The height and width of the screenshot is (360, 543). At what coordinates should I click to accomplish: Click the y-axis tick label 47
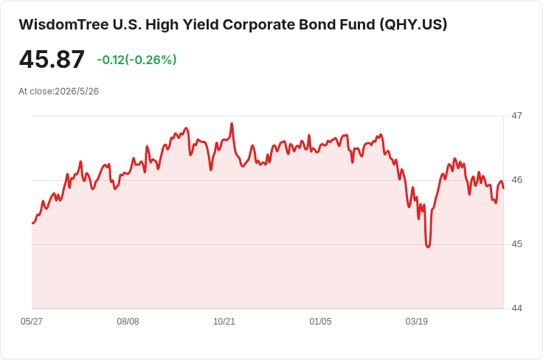[516, 116]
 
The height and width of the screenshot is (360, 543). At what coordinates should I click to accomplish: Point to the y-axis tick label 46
[516, 180]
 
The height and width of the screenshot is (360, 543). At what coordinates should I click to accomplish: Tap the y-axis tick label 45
[516, 244]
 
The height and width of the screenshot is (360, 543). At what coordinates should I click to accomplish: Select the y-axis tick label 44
[516, 308]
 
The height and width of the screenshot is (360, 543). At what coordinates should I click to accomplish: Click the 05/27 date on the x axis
[32, 322]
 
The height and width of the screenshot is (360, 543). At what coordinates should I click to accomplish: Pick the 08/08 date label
[128, 322]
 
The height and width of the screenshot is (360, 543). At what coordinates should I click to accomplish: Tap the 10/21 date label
[224, 322]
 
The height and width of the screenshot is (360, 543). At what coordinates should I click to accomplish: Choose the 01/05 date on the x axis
[320, 322]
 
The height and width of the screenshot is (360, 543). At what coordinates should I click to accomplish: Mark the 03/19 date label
[417, 322]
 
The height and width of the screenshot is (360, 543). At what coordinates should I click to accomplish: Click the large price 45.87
[52, 59]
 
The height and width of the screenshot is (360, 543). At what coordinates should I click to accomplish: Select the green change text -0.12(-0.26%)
[136, 60]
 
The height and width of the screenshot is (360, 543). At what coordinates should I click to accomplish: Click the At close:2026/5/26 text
[59, 91]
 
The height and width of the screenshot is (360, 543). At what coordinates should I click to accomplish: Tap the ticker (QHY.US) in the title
[413, 25]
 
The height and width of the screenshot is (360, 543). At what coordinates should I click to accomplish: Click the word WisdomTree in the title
[63, 25]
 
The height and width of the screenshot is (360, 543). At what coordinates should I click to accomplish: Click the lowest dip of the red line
[428, 247]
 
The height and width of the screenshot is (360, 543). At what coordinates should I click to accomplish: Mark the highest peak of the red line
[232, 124]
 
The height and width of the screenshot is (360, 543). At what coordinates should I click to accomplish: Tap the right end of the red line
[503, 188]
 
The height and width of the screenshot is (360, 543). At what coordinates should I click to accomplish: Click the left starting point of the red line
[32, 224]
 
